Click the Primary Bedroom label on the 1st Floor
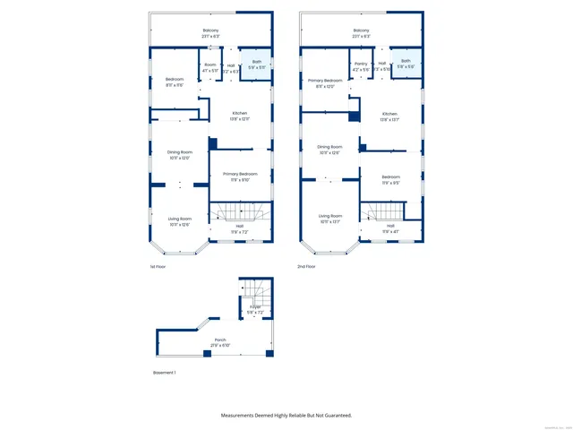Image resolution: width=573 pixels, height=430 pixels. pos(240,176)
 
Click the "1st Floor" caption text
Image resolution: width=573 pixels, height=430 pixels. pos(158,266)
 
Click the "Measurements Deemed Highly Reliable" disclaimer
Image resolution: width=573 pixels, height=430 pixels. pos(286,415)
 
